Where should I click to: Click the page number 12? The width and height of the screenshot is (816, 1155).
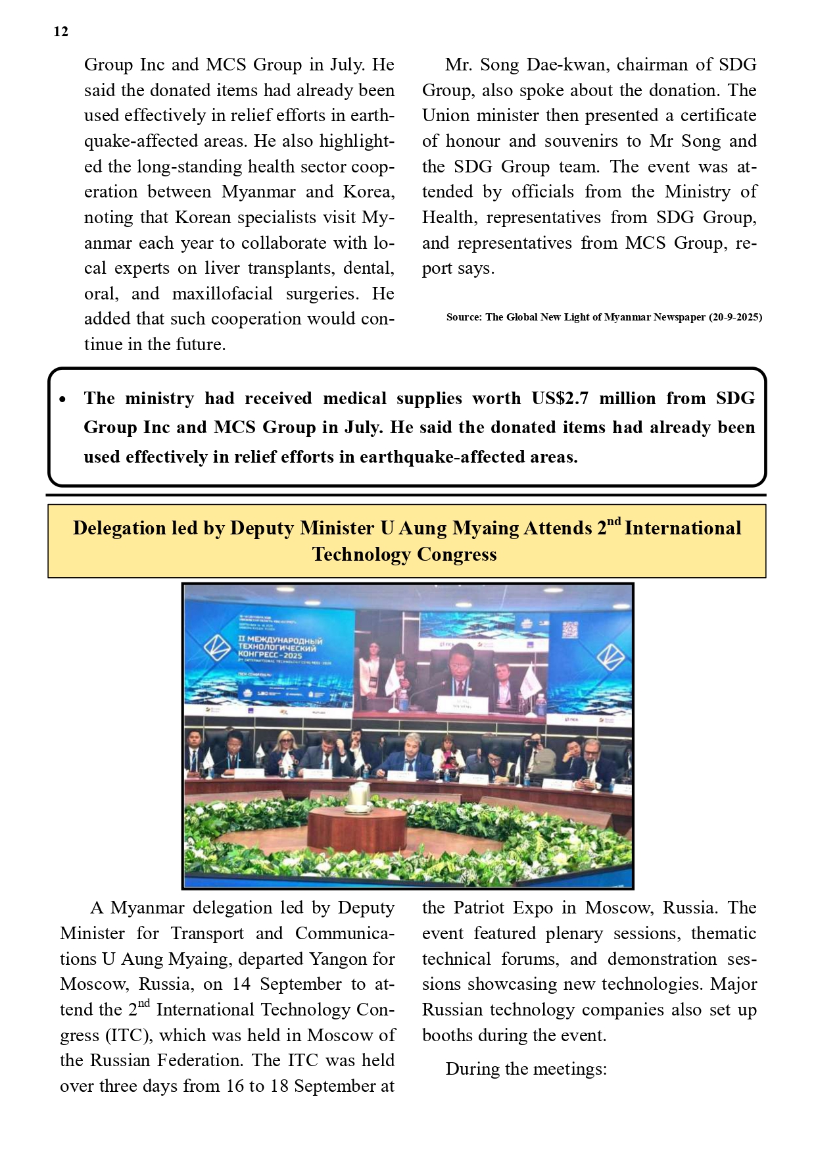pos(60,32)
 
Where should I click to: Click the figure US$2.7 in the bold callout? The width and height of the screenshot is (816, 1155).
pos(560,398)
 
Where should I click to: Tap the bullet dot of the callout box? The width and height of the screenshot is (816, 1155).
pos(62,399)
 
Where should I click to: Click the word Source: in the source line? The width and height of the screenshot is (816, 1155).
pos(464,317)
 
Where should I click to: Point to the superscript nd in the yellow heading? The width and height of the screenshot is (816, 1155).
pos(613,522)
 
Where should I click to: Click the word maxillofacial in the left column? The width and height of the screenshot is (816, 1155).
pos(222,294)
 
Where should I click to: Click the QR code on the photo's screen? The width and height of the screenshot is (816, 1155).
pos(569,630)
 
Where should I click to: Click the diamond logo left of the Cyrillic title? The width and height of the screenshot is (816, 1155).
pos(215,647)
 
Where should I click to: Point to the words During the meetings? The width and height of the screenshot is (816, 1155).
pos(526,1069)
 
